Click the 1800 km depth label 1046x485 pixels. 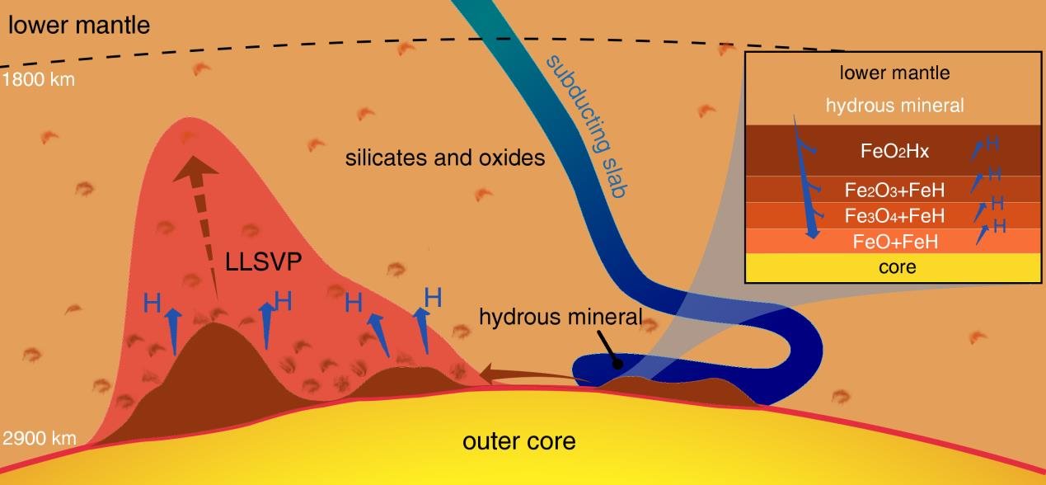point(39,80)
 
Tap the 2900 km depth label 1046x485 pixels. point(40,438)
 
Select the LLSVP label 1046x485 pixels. point(264,261)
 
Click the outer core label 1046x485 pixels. point(518,441)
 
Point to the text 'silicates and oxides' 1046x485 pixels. point(445,158)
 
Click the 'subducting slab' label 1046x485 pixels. point(588,126)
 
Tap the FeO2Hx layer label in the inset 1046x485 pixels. point(894,152)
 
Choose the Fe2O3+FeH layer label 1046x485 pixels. point(894,191)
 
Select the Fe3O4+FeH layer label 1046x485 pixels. point(894,216)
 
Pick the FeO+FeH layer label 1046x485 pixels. point(895,242)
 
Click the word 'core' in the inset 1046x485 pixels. point(897,267)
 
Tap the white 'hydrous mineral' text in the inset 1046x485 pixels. point(894,106)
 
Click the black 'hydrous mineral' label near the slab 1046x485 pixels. point(561,317)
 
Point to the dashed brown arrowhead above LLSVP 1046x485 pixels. point(195,169)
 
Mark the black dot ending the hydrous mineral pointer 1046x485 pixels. point(617,364)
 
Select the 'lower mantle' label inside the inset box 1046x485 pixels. point(894,73)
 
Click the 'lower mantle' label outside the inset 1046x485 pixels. point(79,26)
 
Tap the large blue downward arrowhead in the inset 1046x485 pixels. point(813,233)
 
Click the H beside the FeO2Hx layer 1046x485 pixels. point(992,144)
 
